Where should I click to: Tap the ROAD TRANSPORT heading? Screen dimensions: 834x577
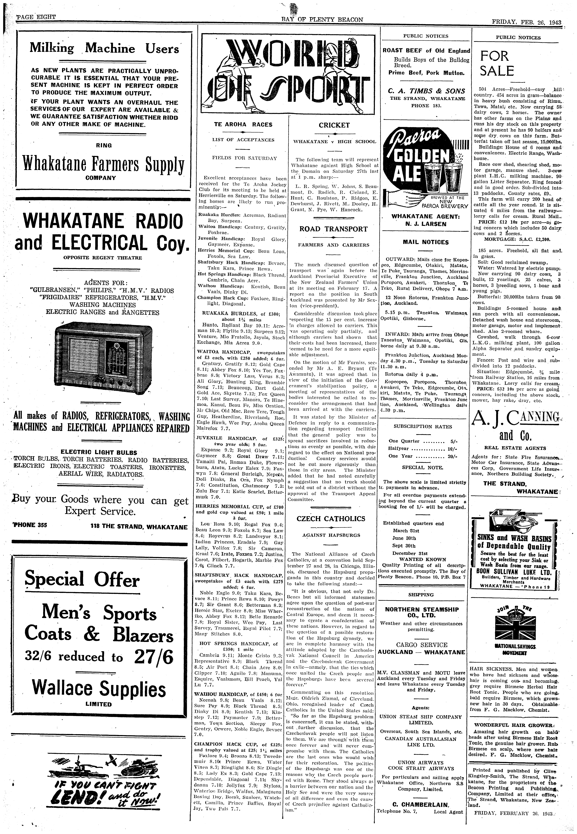(x=333, y=229)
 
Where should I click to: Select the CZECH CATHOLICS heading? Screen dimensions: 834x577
(x=331, y=518)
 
